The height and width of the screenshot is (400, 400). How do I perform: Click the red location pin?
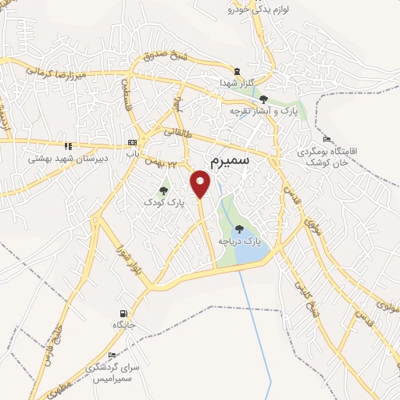tap(202, 184)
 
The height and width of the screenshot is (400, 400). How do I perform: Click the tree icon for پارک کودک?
tap(163, 190)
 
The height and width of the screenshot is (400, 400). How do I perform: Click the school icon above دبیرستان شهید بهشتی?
tap(69, 145)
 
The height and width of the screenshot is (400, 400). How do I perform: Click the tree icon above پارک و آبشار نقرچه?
tap(264, 99)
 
